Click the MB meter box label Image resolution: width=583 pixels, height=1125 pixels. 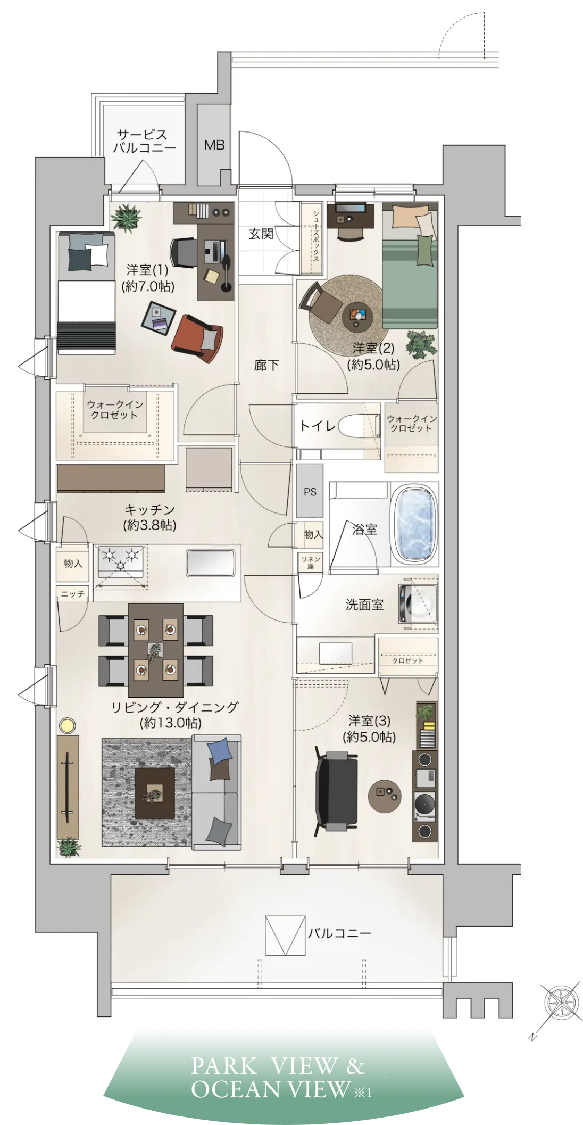click(214, 145)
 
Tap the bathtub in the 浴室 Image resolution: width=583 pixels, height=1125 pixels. click(414, 525)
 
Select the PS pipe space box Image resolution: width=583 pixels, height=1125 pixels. click(310, 491)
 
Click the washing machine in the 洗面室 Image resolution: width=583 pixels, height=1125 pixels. click(418, 603)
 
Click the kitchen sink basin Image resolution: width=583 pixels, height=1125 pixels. click(210, 562)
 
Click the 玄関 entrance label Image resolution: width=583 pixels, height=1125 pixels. click(261, 234)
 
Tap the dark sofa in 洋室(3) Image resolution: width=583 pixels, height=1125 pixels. click(337, 791)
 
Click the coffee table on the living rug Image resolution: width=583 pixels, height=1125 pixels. click(155, 793)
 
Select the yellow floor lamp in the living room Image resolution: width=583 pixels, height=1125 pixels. click(68, 725)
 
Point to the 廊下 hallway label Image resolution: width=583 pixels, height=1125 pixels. click(266, 365)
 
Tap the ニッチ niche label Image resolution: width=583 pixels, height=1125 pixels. click(73, 593)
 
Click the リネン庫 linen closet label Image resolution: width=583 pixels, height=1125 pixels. click(311, 562)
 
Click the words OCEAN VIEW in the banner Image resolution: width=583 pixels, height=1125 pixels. click(271, 1089)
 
